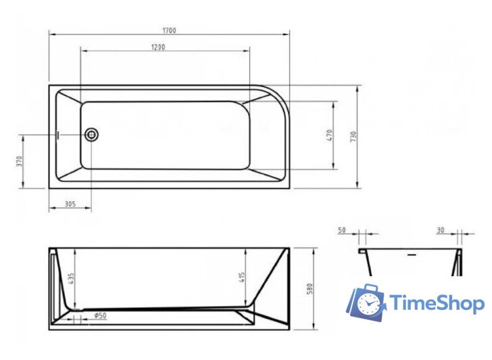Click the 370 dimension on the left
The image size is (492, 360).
(20, 161)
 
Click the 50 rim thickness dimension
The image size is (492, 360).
(342, 230)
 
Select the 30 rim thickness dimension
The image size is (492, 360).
(440, 230)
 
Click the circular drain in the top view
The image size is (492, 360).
(91, 134)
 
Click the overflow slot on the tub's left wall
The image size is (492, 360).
(59, 134)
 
